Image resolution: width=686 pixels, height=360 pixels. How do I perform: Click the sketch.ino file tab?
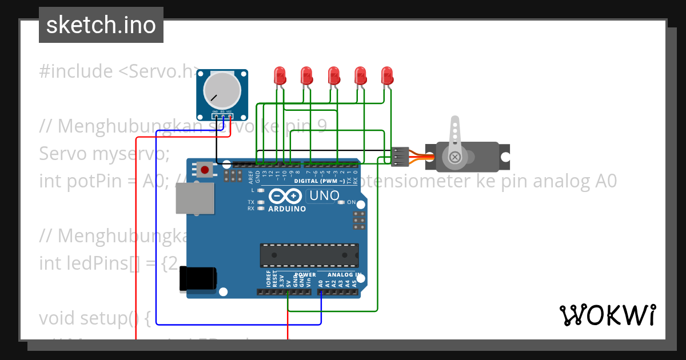101,25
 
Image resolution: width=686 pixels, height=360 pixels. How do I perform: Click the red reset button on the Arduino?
204,169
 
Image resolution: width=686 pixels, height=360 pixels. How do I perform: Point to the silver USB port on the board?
194,199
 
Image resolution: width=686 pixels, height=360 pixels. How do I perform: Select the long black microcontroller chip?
309,255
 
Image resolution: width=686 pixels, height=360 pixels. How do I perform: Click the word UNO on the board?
323,196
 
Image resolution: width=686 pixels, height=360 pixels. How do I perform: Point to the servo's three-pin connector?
400,156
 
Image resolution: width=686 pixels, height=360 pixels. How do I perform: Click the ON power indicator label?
351,203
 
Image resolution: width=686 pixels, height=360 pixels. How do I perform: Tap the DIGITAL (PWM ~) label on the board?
320,181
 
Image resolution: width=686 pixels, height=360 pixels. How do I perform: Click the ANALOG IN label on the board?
344,275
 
